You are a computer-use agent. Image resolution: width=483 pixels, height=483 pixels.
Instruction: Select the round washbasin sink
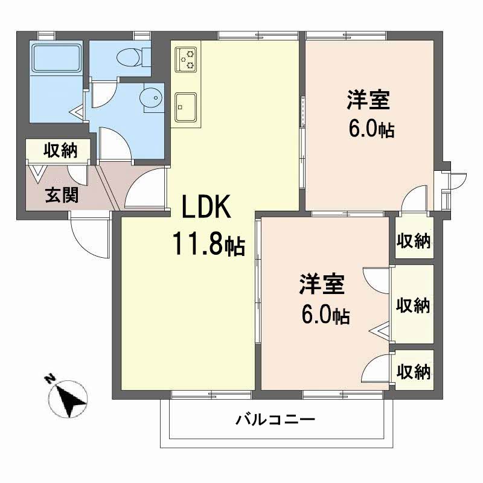pyautogui.click(x=150, y=97)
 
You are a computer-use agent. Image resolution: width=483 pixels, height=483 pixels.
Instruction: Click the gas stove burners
pyautogui.click(x=186, y=59)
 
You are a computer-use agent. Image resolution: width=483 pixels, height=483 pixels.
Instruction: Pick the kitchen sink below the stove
pyautogui.click(x=185, y=106)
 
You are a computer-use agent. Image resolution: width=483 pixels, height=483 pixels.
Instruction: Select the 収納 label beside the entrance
pyautogui.click(x=60, y=150)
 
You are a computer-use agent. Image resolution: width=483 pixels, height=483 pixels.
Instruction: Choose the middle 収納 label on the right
pyautogui.click(x=413, y=305)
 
